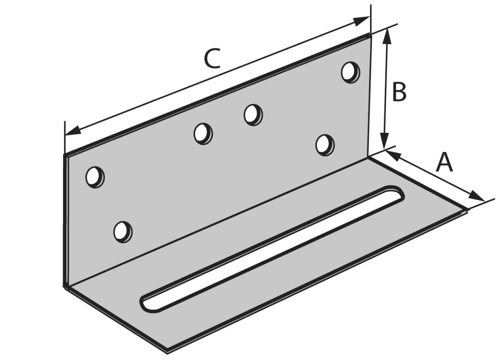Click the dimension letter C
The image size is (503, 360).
click(212, 59)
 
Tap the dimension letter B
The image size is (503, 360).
click(399, 92)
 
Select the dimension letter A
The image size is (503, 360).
click(444, 162)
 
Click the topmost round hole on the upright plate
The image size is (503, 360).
click(350, 72)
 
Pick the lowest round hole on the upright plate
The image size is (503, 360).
click(123, 232)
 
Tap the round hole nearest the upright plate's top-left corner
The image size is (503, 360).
click(95, 177)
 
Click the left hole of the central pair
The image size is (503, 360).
click(203, 133)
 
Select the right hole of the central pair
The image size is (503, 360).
click(253, 114)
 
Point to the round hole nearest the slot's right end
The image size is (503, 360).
click(325, 145)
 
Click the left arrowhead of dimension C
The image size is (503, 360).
click(72, 131)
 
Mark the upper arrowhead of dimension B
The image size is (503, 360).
click(387, 36)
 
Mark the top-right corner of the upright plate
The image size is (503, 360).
click(371, 36)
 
